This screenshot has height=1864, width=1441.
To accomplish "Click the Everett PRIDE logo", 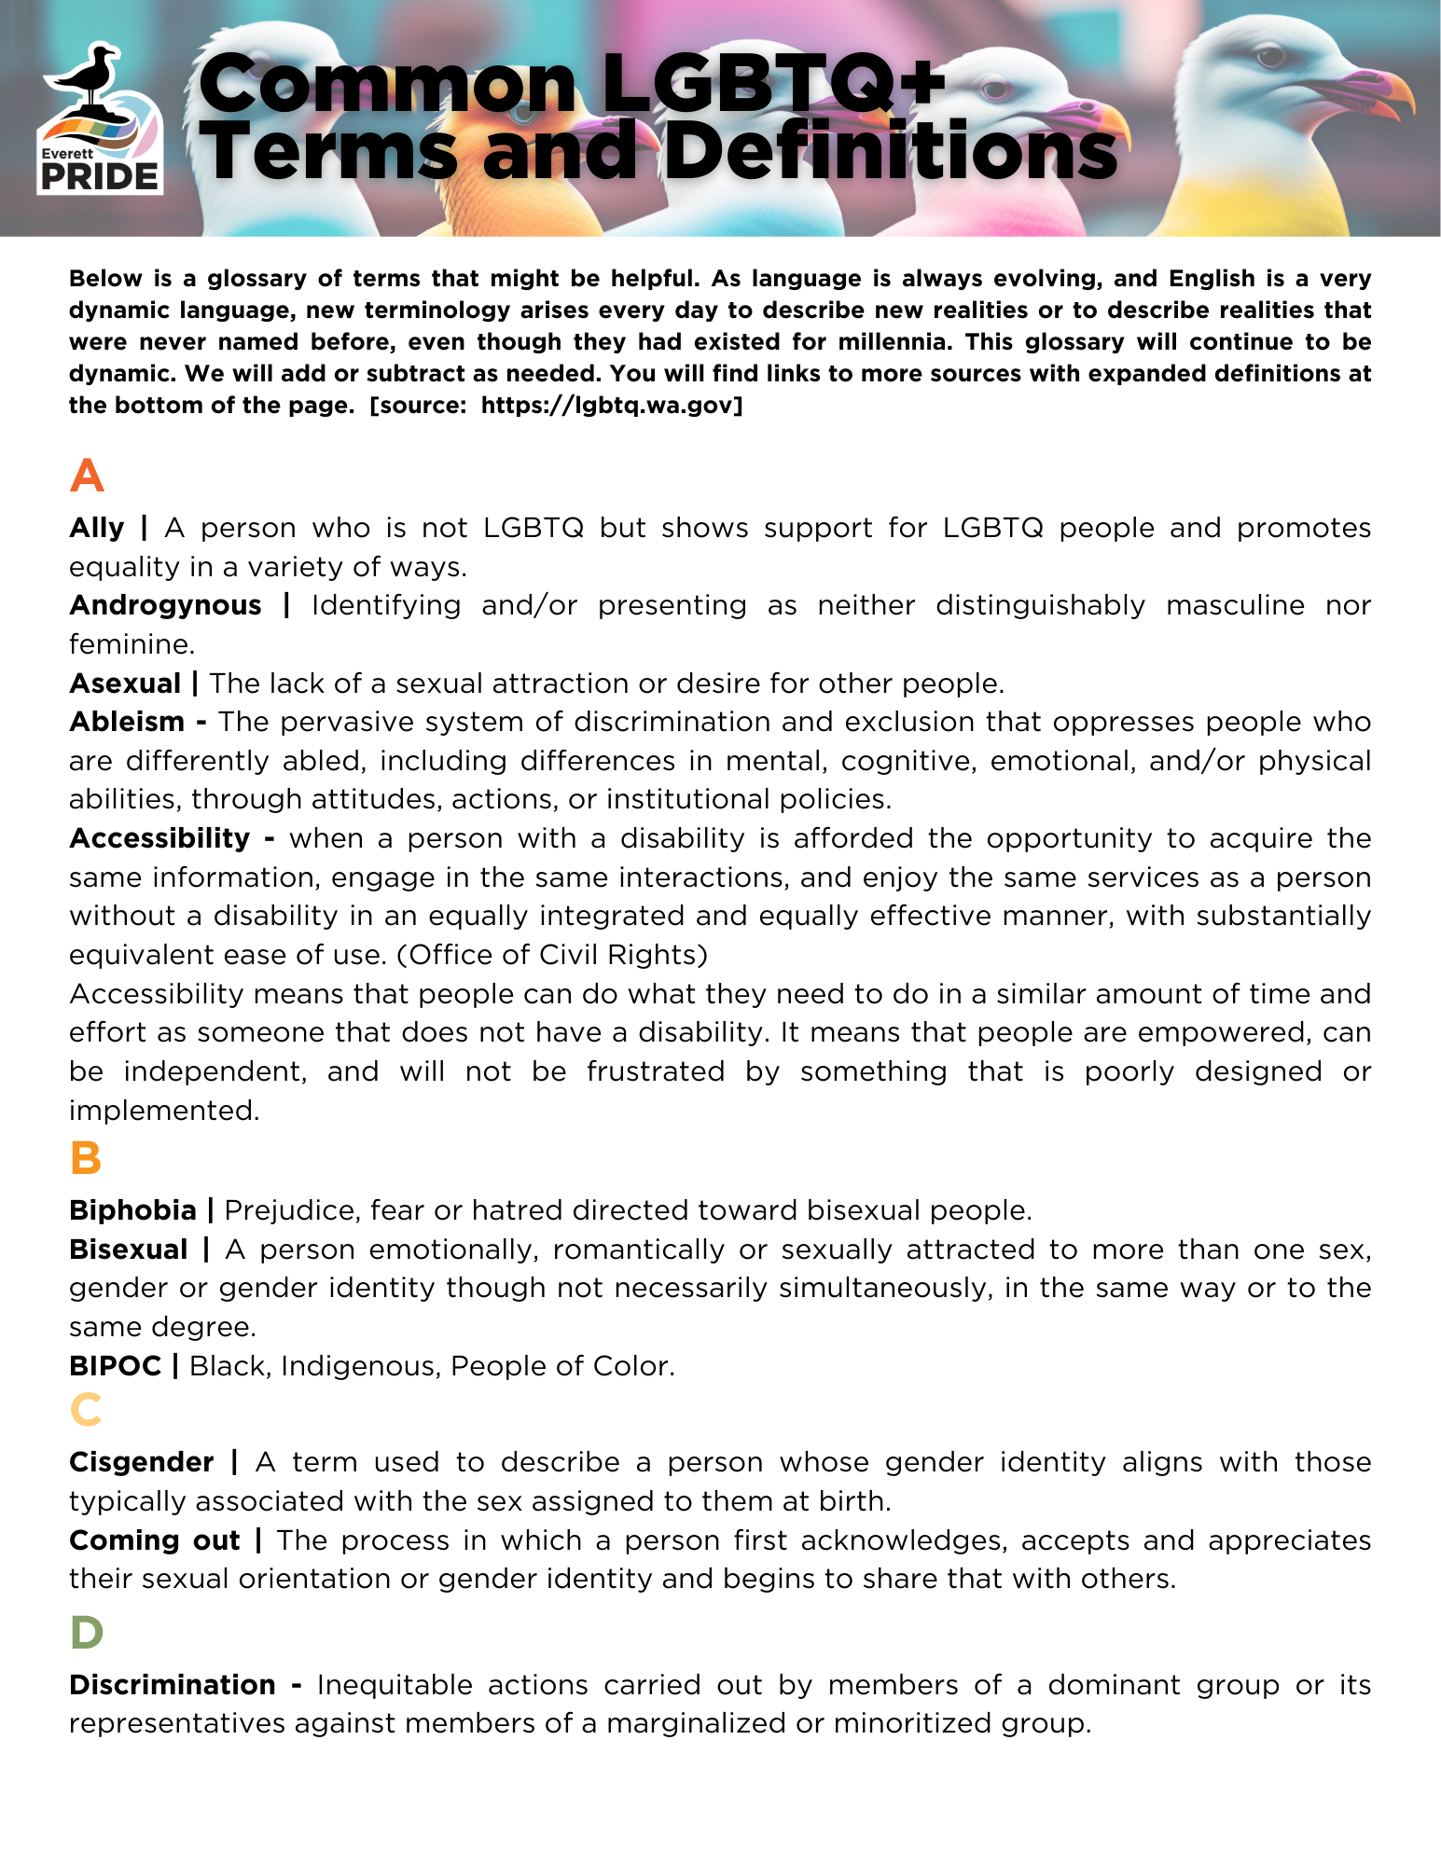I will point(99,119).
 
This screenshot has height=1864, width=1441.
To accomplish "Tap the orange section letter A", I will point(87,476).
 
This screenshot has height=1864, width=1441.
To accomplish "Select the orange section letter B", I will point(85,1159).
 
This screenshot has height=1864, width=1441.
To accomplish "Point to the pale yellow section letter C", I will point(86,1410).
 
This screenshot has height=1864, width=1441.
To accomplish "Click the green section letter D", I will point(87,1633).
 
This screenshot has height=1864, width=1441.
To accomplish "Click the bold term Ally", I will point(96,528).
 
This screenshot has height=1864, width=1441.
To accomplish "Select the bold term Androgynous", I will point(165,605).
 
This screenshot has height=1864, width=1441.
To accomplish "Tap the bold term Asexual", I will point(125,683).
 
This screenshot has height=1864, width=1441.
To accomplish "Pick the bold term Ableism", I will point(127,722).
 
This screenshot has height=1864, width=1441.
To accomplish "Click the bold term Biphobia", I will point(132,1210).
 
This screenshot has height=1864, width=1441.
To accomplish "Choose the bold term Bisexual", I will point(129,1250).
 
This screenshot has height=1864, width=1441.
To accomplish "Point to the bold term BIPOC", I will point(116,1366).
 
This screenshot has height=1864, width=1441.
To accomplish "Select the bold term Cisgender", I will point(142,1462).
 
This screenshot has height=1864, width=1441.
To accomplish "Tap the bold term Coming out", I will point(155,1540).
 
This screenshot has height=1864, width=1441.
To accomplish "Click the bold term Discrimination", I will point(173,1685).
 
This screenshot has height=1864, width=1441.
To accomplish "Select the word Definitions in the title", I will point(890,151).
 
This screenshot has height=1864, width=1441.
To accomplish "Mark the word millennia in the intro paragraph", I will point(892,342).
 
